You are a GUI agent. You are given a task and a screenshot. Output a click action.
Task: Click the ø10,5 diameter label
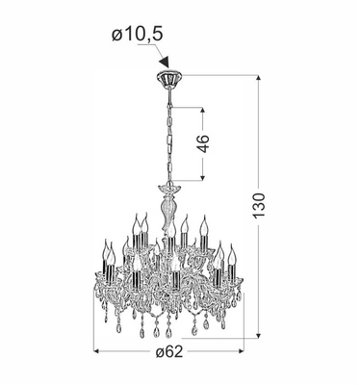(136, 36)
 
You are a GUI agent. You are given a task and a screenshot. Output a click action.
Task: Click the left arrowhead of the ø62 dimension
(95, 348)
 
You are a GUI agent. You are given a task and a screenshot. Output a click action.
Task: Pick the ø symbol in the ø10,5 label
(116, 36)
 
